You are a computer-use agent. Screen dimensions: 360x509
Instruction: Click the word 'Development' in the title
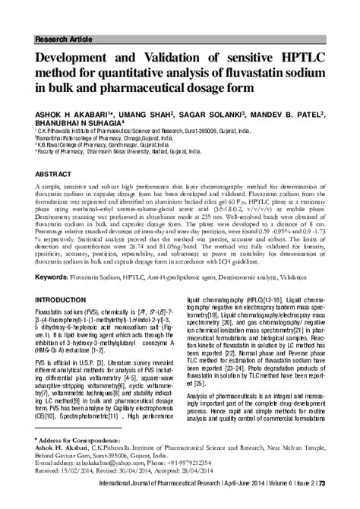click(74, 56)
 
